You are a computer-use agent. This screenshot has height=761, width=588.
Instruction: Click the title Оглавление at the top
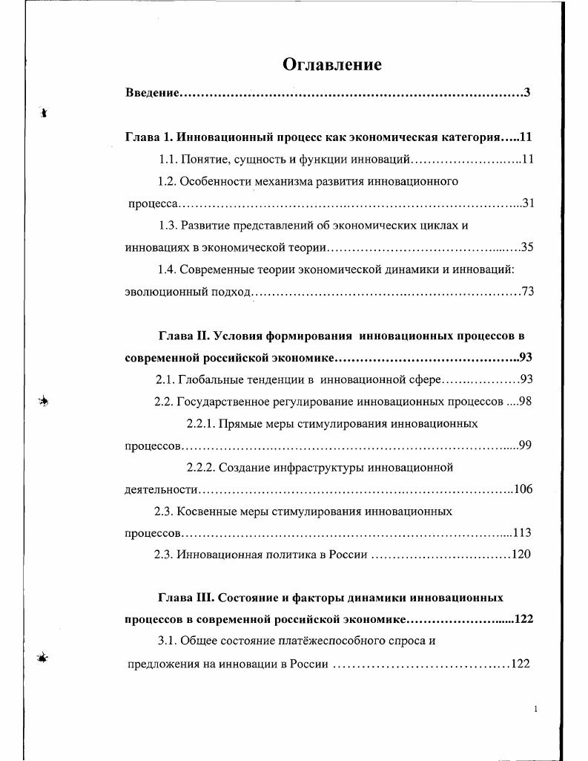pyautogui.click(x=331, y=65)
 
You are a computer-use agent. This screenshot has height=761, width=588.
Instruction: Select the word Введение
pyautogui.click(x=153, y=94)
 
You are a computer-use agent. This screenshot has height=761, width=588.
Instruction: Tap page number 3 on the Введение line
pyautogui.click(x=526, y=94)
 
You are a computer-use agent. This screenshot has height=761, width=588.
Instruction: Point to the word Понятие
pyautogui.click(x=205, y=159)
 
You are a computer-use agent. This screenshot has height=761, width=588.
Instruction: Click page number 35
pyautogui.click(x=527, y=247)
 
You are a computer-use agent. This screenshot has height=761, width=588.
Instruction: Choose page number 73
pyautogui.click(x=527, y=292)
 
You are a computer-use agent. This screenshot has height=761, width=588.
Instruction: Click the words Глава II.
pyautogui.click(x=185, y=336)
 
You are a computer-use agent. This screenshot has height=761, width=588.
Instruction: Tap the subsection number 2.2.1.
pyautogui.click(x=200, y=424)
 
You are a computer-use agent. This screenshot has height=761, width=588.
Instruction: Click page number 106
pyautogui.click(x=523, y=489)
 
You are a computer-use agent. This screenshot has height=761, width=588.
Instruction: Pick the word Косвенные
pyautogui.click(x=207, y=512)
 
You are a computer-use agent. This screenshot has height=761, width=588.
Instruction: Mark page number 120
pyautogui.click(x=521, y=555)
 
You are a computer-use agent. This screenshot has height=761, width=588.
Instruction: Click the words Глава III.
pyautogui.click(x=187, y=598)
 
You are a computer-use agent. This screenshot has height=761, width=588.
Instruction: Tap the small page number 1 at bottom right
pyautogui.click(x=535, y=710)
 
